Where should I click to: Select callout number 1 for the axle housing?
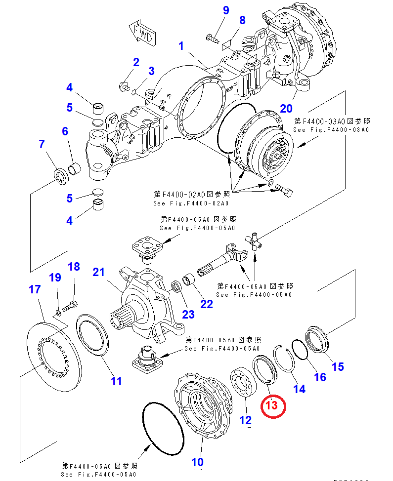coord(181,46)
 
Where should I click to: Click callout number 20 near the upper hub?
coord(287,108)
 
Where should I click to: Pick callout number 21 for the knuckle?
coord(99,272)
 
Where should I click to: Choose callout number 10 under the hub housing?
coord(197,462)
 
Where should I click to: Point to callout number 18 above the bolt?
coord(74,267)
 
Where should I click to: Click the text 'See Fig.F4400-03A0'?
coord(331,129)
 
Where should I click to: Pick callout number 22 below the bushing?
coord(206,304)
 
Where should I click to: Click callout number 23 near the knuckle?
coord(188,314)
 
